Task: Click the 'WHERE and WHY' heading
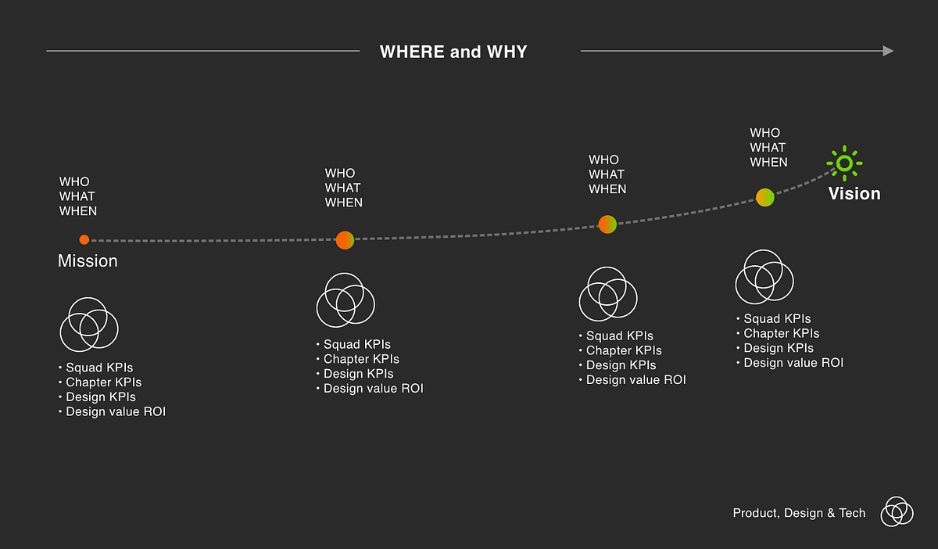pos(453,52)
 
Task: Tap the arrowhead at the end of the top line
pos(888,51)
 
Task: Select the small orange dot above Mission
pos(84,240)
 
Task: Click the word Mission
pos(88,260)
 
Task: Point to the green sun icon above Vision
pos(844,163)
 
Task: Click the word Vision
pos(854,194)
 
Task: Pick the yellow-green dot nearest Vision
pos(765,197)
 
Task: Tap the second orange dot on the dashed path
pos(345,240)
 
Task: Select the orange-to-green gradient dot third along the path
pos(607,224)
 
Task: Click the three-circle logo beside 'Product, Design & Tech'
pos(897,511)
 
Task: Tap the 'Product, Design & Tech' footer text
pos(799,513)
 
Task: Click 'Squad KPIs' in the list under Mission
pos(99,368)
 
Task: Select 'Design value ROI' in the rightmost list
pos(793,363)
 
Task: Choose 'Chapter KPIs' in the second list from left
pos(361,359)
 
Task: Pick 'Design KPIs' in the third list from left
pos(621,365)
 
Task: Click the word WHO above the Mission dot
pos(74,182)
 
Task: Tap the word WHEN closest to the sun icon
pos(769,162)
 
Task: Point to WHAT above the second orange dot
pos(342,188)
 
